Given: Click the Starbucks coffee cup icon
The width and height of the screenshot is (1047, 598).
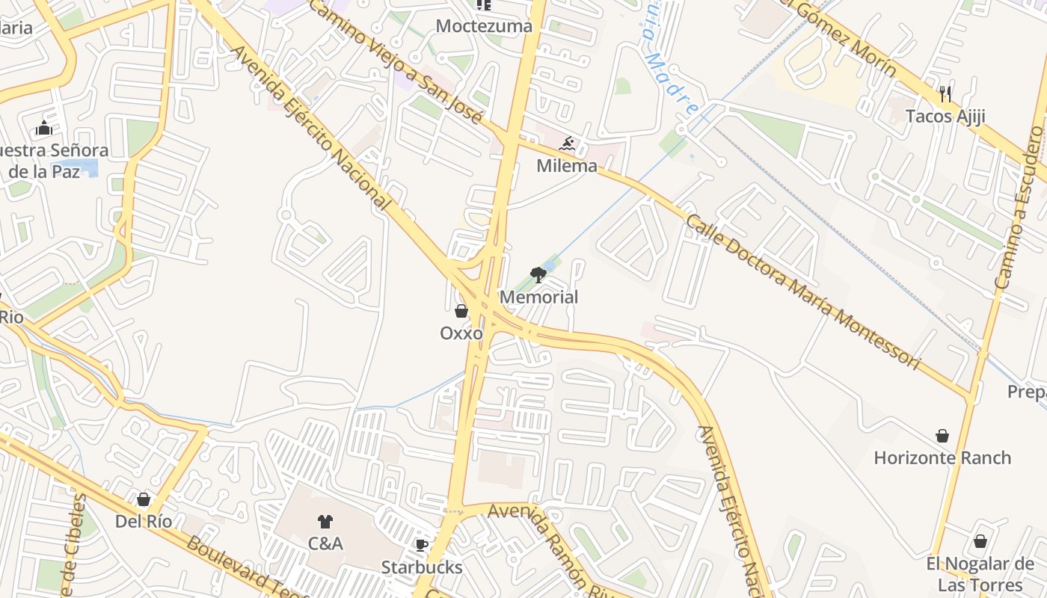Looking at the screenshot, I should coord(421,545).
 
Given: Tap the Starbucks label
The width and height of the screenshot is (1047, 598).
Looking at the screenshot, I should coord(422,567).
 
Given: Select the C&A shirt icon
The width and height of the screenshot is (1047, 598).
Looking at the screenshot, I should coord(325,521).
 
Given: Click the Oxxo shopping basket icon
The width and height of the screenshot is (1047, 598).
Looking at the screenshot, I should coord(461,311).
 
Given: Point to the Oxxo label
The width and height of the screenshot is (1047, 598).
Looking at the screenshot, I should coord(461,333).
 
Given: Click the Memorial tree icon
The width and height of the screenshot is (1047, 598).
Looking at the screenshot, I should coord(538,275).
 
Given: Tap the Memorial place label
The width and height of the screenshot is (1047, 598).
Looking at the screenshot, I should coord(538,297).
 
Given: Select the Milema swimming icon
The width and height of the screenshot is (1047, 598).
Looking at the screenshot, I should coord(567,144).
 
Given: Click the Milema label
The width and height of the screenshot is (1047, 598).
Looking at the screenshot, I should coord(567,166).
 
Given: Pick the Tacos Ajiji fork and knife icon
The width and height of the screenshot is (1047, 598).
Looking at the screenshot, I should coord(945,93).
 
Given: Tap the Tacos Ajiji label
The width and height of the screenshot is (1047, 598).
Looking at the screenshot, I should coord(945,116).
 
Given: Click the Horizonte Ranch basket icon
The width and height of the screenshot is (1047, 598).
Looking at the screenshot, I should coord(942,435).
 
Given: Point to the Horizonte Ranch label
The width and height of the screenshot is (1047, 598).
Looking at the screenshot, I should coord(942,457).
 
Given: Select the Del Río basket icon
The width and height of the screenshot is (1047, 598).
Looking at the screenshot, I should coord(144,499).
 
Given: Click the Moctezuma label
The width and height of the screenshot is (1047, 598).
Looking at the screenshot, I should coord(484,26).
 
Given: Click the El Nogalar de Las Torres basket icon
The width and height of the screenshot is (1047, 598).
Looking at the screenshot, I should coord(980,541).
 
